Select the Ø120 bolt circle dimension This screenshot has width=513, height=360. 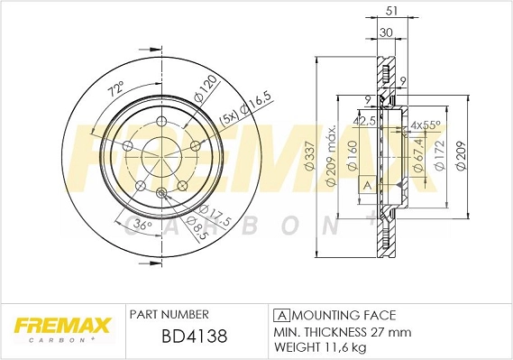(208, 88)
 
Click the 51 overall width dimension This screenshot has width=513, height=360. (390, 12)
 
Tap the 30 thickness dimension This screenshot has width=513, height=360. (385, 33)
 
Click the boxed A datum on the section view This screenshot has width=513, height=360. (367, 185)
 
